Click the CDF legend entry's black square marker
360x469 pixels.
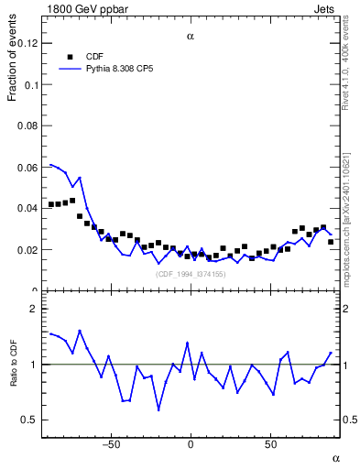click(69, 56)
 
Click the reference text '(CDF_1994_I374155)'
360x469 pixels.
click(190, 274)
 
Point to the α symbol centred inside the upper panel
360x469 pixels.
click(191, 37)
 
